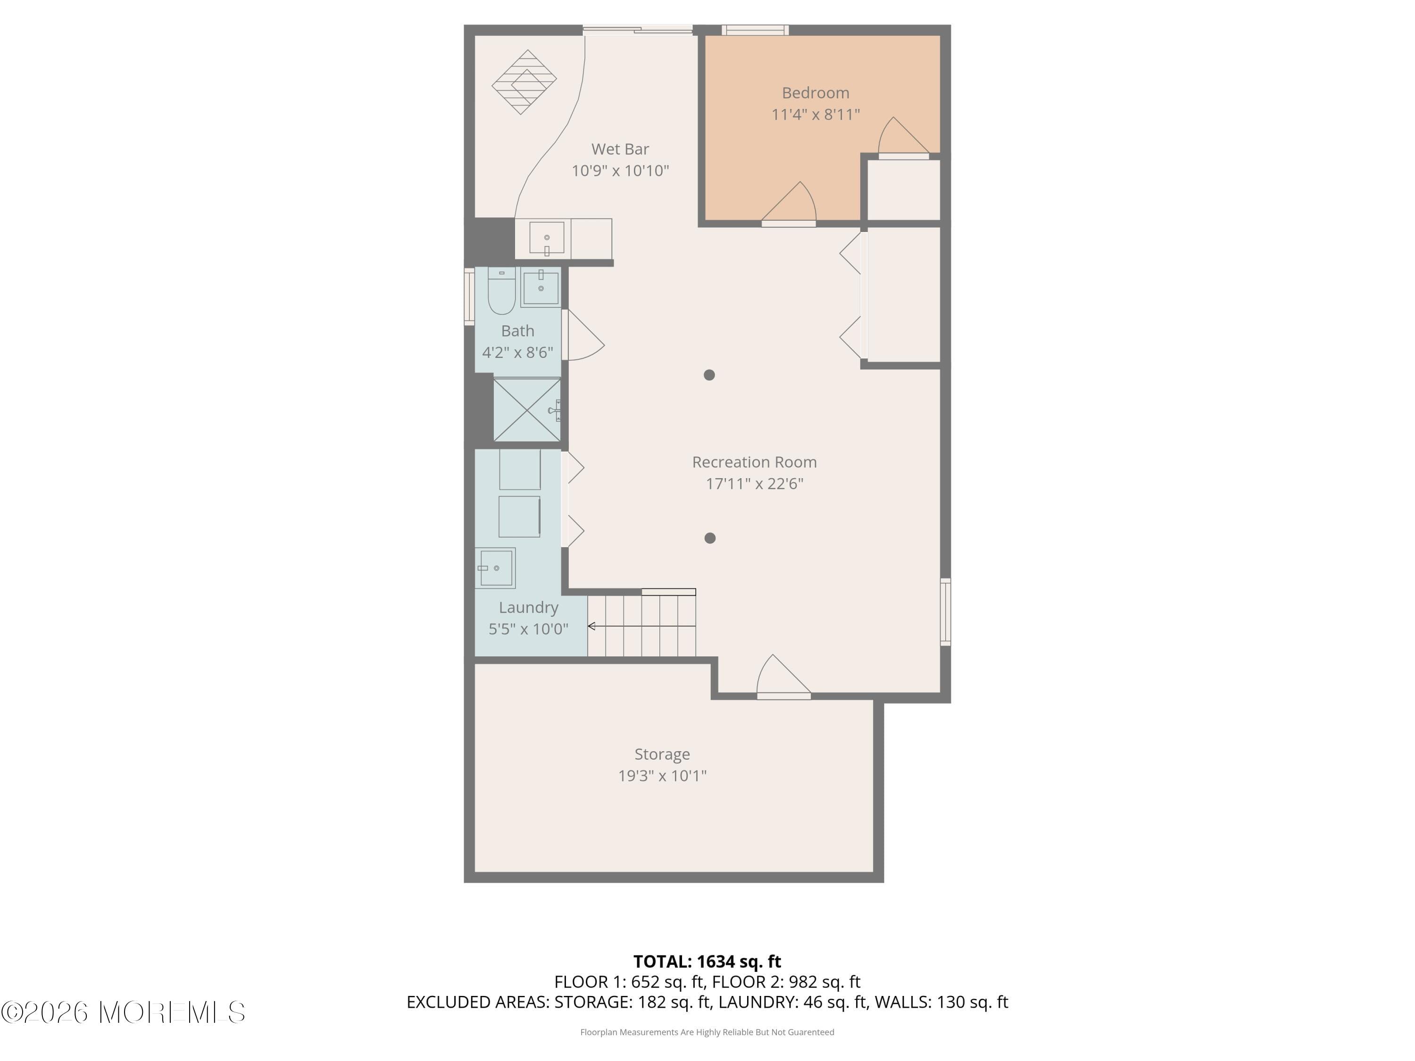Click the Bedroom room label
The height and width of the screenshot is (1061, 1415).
click(815, 93)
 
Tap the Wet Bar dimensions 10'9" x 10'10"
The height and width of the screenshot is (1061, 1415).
click(620, 171)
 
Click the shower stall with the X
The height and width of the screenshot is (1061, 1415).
click(526, 410)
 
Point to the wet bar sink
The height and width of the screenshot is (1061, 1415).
click(546, 239)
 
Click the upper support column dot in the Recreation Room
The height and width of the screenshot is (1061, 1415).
click(709, 375)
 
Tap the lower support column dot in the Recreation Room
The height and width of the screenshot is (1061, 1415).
click(709, 539)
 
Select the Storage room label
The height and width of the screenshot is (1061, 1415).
click(662, 754)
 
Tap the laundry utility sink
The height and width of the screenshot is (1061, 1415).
click(496, 568)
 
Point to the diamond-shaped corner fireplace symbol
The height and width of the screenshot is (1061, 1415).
click(524, 82)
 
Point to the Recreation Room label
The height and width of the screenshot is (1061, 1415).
click(754, 462)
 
